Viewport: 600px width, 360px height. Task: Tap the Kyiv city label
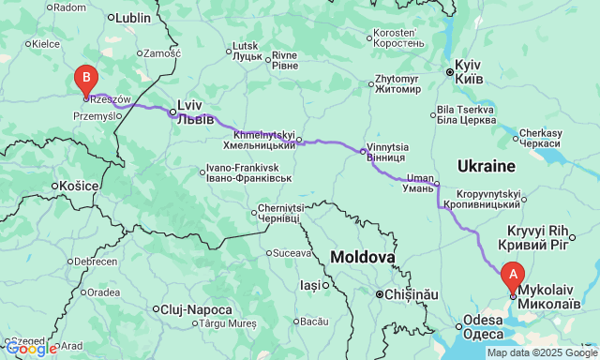point(468,74)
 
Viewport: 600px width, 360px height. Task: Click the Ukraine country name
point(487,166)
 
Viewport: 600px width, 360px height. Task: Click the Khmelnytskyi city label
point(262,140)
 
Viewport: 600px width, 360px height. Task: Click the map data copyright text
point(542,352)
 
